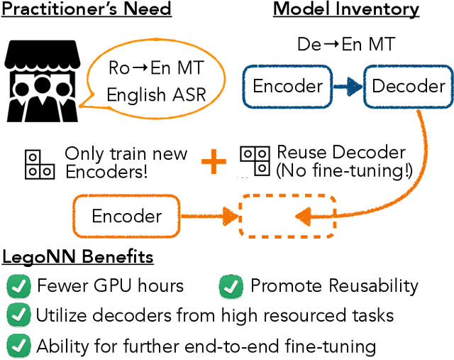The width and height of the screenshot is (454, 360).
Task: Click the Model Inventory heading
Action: coord(346,10)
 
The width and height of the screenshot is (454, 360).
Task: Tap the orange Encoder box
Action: coord(127,216)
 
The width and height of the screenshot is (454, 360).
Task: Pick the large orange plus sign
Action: coord(214,163)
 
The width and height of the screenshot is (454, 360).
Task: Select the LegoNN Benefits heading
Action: coord(78,257)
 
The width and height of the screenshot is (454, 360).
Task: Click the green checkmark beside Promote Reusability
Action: coord(231,286)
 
